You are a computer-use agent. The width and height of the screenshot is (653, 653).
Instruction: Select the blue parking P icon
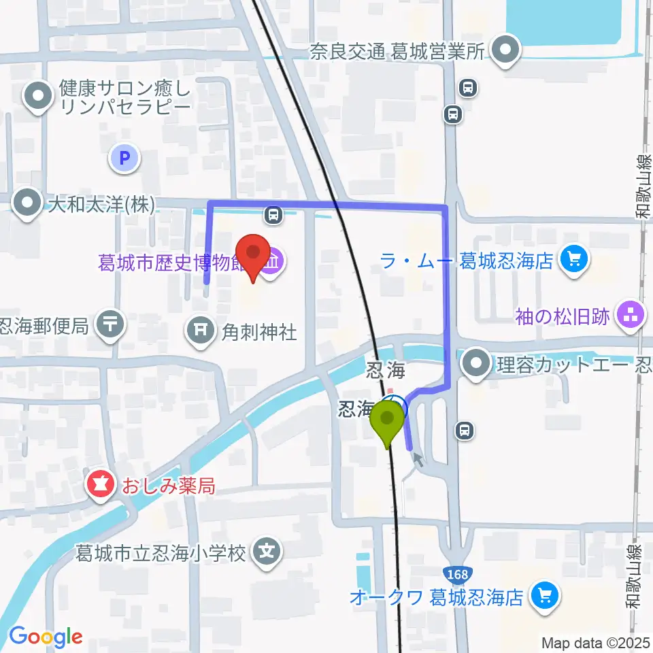coord(124,159)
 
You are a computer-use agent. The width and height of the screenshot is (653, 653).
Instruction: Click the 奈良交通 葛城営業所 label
coord(398,51)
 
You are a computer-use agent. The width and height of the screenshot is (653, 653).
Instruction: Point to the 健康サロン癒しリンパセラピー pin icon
coord(39,97)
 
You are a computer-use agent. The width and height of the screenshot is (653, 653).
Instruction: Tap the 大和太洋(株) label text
coord(100,203)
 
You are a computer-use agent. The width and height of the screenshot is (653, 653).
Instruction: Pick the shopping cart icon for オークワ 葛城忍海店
coord(543,596)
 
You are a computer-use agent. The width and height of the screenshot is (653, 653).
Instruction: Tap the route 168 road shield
coord(458,574)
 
